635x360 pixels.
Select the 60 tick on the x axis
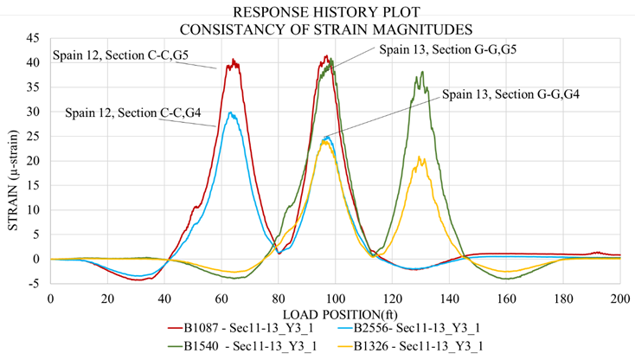pyautogui.click(x=221, y=299)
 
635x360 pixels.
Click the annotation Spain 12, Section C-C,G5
pyautogui.click(x=120, y=55)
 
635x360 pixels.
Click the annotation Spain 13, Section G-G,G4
pyautogui.click(x=510, y=93)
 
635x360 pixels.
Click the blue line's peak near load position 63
pyautogui.click(x=230, y=112)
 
